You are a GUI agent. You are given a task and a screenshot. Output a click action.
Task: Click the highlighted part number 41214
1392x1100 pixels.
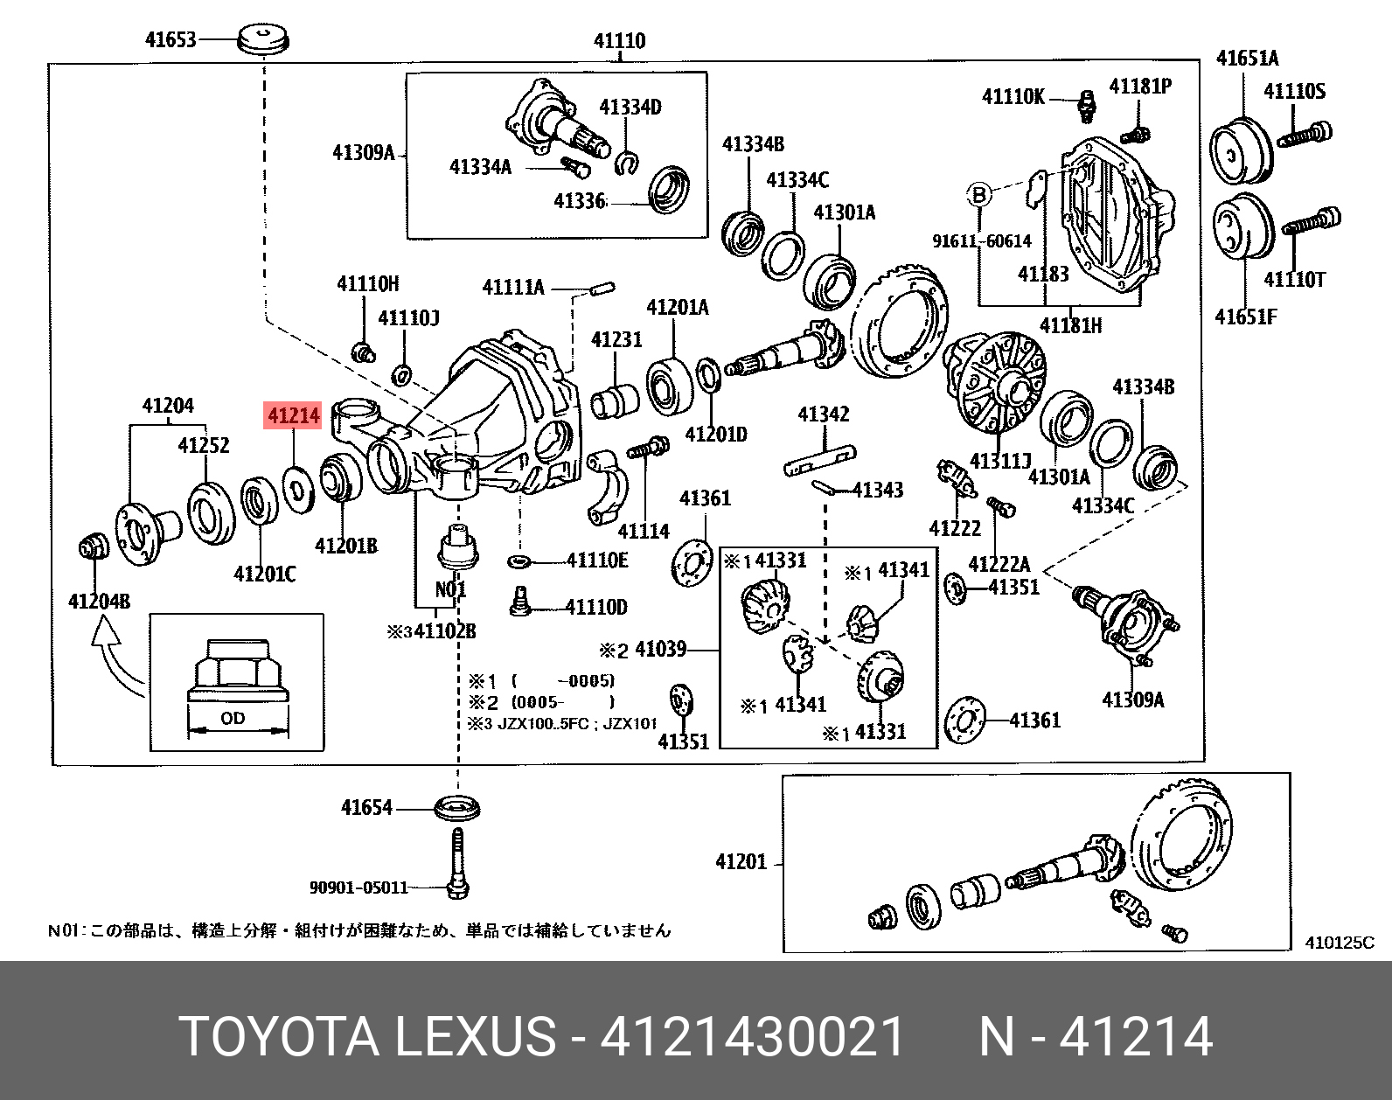coord(294,415)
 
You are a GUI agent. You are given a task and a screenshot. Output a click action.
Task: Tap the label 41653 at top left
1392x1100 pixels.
coord(171,39)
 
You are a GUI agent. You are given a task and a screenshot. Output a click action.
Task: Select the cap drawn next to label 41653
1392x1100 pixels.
coord(263,39)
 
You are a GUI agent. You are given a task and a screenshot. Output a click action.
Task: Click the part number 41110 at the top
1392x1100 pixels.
coord(619,41)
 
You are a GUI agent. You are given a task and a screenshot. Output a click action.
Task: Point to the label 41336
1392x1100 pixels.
coord(579,201)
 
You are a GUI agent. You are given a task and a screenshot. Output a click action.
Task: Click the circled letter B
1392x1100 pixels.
coord(979,195)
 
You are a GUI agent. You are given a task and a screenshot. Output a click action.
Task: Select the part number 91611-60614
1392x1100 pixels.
coord(981,241)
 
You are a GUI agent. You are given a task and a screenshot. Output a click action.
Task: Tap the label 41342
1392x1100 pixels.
coord(823,414)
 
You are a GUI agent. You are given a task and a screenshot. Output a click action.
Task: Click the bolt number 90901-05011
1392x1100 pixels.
coord(358,888)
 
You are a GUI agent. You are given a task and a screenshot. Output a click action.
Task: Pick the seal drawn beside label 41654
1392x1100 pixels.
coord(456,808)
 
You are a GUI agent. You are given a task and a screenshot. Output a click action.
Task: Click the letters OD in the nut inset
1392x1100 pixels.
coord(233,718)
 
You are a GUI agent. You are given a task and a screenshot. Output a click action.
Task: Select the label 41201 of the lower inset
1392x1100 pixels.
coord(741,861)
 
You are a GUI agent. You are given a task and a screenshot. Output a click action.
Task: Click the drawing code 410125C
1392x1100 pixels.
coord(1339,942)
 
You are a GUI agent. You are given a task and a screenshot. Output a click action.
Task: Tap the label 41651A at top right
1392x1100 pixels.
coord(1247,59)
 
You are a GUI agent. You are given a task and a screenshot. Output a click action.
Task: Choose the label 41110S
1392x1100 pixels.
coord(1294,91)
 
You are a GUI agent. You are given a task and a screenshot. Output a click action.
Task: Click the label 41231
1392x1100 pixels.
coord(616,339)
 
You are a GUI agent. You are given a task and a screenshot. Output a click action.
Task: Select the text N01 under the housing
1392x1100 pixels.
coord(451,589)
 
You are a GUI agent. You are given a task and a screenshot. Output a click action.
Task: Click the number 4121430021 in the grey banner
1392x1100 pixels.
coord(752,1037)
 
